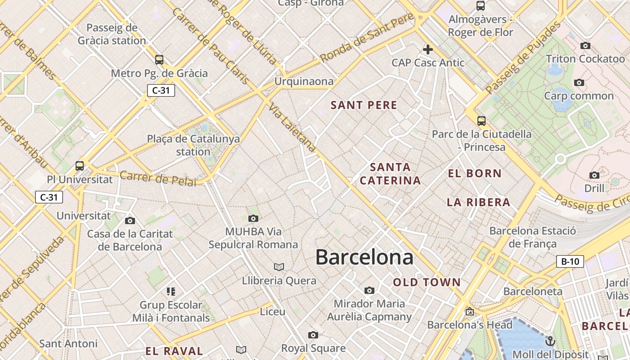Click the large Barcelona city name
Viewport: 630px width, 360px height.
tap(364, 257)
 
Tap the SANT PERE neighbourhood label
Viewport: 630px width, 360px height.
tap(364, 105)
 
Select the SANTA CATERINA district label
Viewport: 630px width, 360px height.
tap(391, 174)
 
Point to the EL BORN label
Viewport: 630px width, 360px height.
tap(475, 173)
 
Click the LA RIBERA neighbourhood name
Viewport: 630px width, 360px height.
tap(478, 202)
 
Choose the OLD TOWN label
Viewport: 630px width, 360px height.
tap(427, 283)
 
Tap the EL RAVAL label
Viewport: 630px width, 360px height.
tap(174, 351)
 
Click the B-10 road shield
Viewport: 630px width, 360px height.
tap(570, 261)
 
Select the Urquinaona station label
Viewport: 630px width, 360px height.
tap(304, 81)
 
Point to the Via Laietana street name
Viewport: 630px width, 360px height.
tap(293, 128)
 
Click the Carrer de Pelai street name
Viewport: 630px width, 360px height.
tap(158, 178)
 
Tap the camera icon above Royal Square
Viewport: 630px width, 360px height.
tap(313, 335)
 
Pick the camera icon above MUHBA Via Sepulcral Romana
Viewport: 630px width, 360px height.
tap(253, 219)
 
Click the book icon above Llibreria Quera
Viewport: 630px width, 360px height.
tap(279, 267)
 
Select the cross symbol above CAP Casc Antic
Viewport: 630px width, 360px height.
tap(427, 49)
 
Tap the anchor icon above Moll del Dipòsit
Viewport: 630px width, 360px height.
tap(550, 341)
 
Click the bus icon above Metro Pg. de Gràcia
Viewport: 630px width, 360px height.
tap(159, 59)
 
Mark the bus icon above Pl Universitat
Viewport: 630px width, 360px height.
tap(80, 166)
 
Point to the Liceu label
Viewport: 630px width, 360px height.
tap(273, 311)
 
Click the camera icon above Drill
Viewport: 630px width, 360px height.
tap(594, 175)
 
